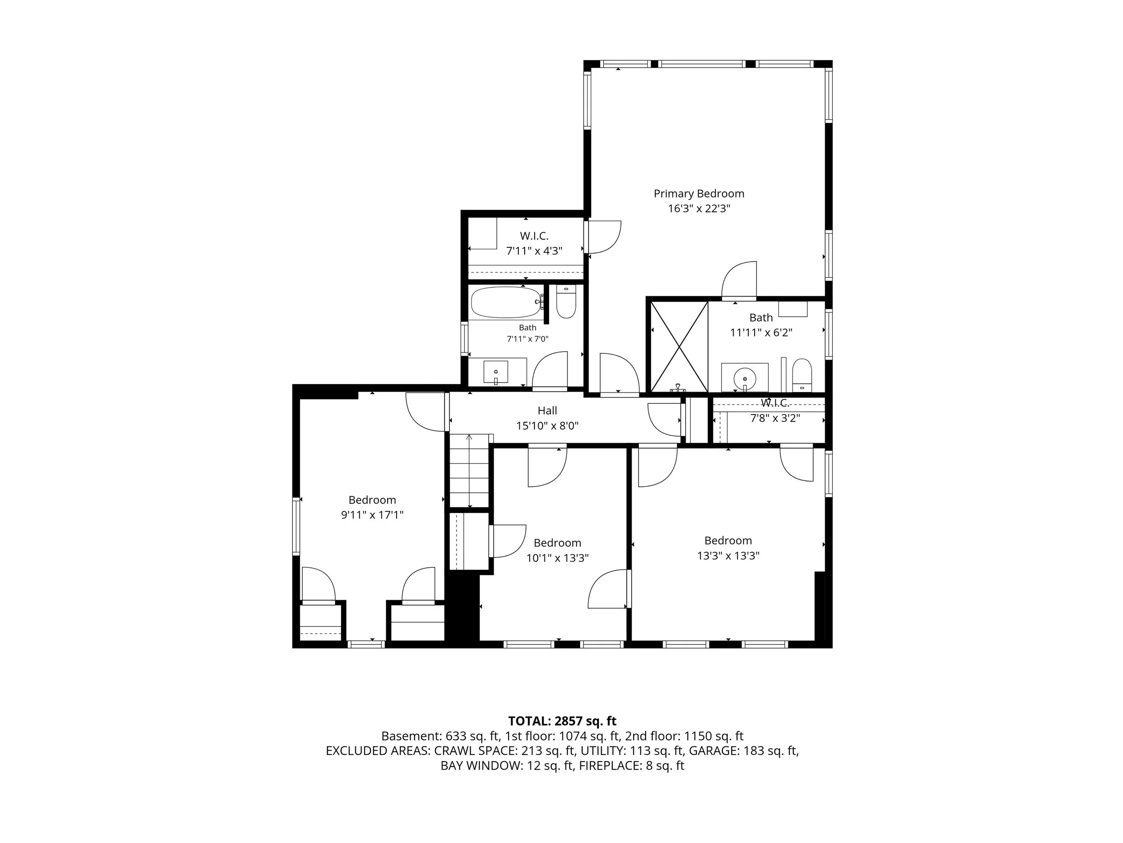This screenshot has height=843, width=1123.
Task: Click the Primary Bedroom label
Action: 699,194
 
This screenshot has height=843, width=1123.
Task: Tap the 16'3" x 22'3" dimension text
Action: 699,208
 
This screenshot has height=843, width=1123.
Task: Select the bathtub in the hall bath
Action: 506,303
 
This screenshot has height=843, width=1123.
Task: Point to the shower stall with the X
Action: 679,347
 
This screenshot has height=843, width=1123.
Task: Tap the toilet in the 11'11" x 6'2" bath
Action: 802,375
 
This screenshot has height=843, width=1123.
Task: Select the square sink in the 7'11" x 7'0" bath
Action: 495,372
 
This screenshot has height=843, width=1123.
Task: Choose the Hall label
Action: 547,410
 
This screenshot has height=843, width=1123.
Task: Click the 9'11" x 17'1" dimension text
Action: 372,515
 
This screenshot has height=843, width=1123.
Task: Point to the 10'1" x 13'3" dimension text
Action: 557,558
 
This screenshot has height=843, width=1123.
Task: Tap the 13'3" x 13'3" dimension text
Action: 728,555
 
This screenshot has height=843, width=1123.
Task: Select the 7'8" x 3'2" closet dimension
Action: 775,418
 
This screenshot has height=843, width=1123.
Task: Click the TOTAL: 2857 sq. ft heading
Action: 562,721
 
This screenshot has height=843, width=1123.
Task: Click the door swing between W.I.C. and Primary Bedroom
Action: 603,237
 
